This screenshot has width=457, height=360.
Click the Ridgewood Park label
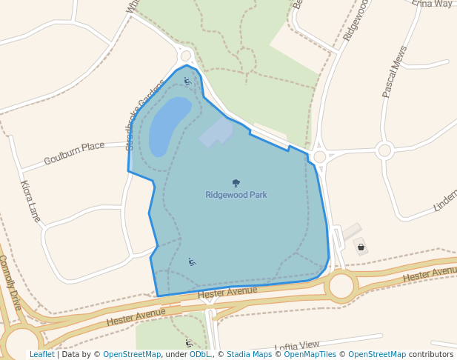(236, 195)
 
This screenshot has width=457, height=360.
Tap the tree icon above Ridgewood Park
(236, 183)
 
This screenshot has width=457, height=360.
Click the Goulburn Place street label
(74, 153)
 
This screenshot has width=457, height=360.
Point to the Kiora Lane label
(30, 201)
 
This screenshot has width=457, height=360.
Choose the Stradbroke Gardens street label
(141, 115)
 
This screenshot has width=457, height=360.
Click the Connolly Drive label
(10, 282)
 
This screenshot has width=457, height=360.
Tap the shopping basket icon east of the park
(361, 247)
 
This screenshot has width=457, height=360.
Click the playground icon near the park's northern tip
(187, 81)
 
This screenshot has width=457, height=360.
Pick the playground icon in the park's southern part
(192, 261)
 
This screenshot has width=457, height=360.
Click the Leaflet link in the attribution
(42, 354)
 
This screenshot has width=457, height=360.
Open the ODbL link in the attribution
(200, 354)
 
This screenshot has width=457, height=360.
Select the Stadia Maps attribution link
(249, 354)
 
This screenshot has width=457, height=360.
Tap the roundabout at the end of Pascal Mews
(384, 150)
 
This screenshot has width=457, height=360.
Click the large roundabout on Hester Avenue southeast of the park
(342, 285)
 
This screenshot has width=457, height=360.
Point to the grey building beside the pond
(216, 132)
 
